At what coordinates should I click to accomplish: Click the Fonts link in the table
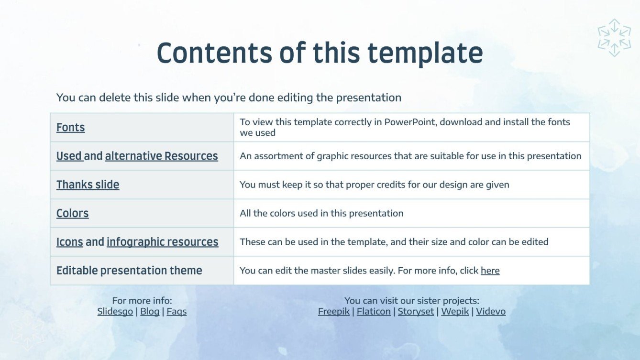[x=70, y=128]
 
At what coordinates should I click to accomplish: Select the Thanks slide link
[x=88, y=185]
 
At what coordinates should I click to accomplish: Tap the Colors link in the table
[x=72, y=214]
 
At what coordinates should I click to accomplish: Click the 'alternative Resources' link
[x=161, y=156]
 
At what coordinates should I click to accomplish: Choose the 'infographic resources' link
[x=162, y=242]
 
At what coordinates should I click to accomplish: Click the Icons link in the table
[x=69, y=242]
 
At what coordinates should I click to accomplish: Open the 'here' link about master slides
[x=490, y=271]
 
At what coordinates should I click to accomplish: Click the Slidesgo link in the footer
[x=115, y=312]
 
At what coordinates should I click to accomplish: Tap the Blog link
[x=150, y=312]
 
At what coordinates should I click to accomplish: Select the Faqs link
[x=177, y=312]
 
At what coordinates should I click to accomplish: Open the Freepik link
[x=334, y=312]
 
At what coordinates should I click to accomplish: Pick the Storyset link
[x=416, y=312]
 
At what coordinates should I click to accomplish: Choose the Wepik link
[x=454, y=312]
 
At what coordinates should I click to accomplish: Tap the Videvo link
[x=490, y=312]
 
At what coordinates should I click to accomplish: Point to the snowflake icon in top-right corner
[x=614, y=37]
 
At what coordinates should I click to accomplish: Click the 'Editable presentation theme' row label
[x=129, y=271]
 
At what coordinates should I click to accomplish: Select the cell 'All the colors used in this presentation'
[x=321, y=213]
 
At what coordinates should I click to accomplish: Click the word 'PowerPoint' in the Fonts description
[x=410, y=122]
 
